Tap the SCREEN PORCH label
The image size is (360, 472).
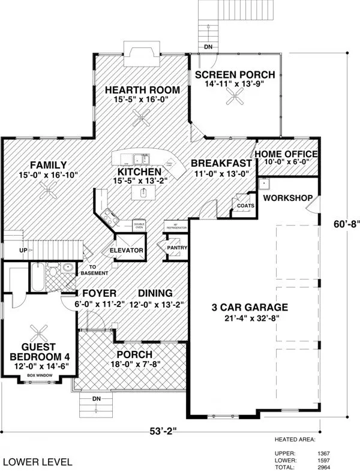pyautogui.click(x=235, y=75)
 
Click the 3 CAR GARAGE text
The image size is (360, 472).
pyautogui.click(x=250, y=308)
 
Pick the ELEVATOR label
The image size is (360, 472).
pyautogui.click(x=126, y=249)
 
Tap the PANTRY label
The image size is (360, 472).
pyautogui.click(x=178, y=247)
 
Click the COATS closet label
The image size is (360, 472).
pyautogui.click(x=245, y=205)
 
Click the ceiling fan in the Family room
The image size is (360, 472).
pyautogui.click(x=47, y=191)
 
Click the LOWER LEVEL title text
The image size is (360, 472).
pyautogui.click(x=38, y=462)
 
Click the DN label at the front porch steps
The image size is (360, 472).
pyautogui.click(x=96, y=398)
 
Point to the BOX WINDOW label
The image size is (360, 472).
pyautogui.click(x=40, y=375)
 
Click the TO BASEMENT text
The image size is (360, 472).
pyautogui.click(x=99, y=270)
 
